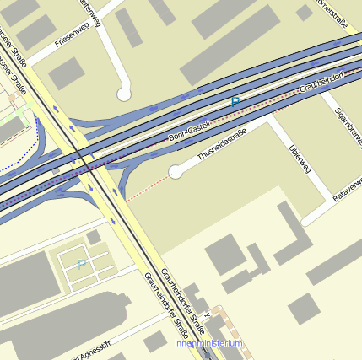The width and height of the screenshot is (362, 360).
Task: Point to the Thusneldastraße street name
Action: (x=221, y=145)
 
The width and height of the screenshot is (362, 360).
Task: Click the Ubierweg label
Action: (x=300, y=159)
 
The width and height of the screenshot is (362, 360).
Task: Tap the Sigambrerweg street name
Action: (x=347, y=126)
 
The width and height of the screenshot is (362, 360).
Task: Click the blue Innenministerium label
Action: (x=208, y=344)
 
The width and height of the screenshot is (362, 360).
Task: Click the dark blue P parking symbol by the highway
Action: (x=235, y=102)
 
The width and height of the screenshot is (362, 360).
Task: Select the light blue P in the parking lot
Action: (x=81, y=265)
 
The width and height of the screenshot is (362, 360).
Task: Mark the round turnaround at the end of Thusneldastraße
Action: (x=176, y=172)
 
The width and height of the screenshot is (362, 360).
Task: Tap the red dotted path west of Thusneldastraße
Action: (x=147, y=186)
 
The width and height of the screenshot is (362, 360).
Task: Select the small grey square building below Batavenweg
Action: (x=303, y=309)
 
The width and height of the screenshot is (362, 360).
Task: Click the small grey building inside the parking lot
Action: (x=94, y=238)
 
